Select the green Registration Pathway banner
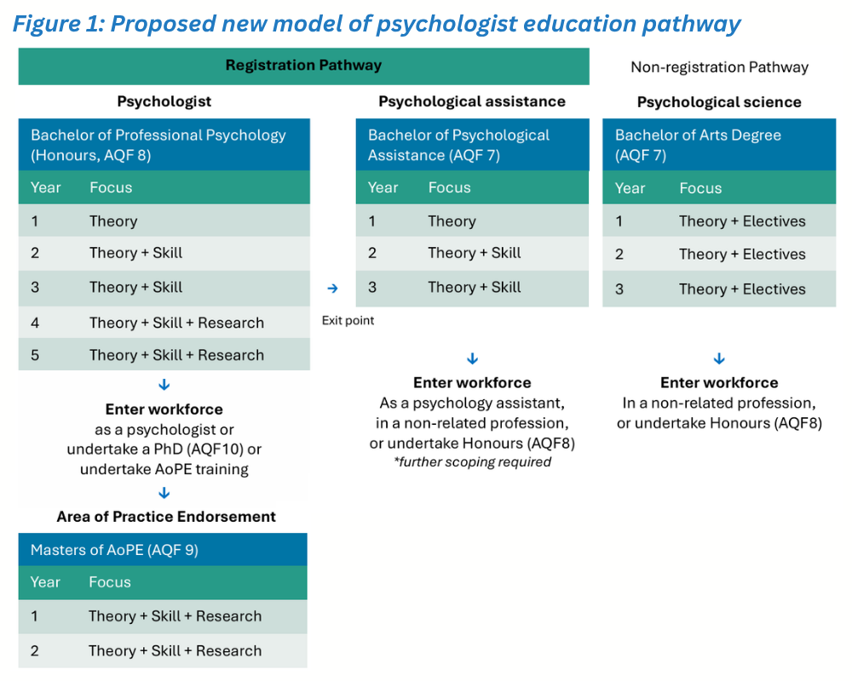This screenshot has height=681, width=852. point(303,66)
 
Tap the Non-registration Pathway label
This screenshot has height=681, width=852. point(719,67)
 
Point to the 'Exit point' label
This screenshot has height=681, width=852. point(348,321)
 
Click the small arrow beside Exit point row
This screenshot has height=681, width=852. point(333,289)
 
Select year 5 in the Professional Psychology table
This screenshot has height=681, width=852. point(35,355)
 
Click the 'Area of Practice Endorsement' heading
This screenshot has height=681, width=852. point(166,517)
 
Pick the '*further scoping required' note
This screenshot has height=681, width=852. point(472,462)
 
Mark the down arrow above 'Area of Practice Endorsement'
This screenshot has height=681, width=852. point(164,494)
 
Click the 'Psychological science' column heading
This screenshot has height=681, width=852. point(719,102)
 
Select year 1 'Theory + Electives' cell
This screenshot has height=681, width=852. point(742,221)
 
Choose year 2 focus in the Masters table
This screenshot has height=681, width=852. point(175,650)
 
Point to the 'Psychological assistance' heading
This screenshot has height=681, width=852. point(472,101)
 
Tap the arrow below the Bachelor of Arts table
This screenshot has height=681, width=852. point(719,358)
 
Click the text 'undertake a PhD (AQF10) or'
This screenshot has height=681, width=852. point(164,449)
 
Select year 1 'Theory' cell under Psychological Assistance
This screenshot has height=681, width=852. point(452,221)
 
